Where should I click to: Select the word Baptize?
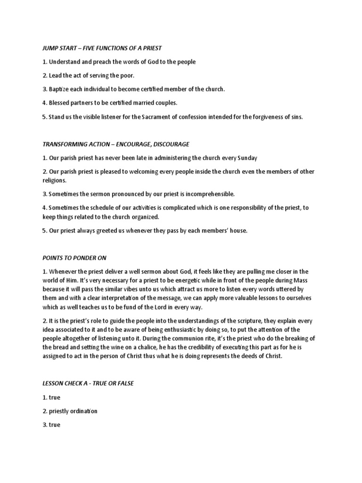point(59,89)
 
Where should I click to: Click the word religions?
point(55,180)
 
